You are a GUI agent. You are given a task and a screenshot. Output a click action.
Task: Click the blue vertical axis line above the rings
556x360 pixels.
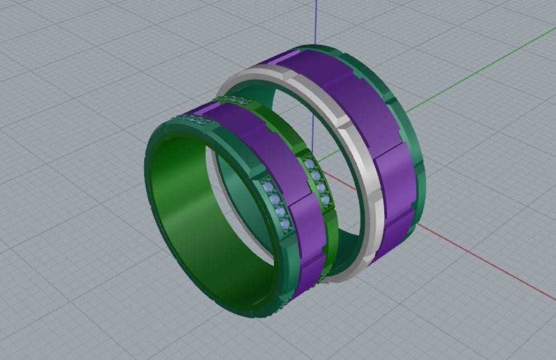point(316,22)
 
